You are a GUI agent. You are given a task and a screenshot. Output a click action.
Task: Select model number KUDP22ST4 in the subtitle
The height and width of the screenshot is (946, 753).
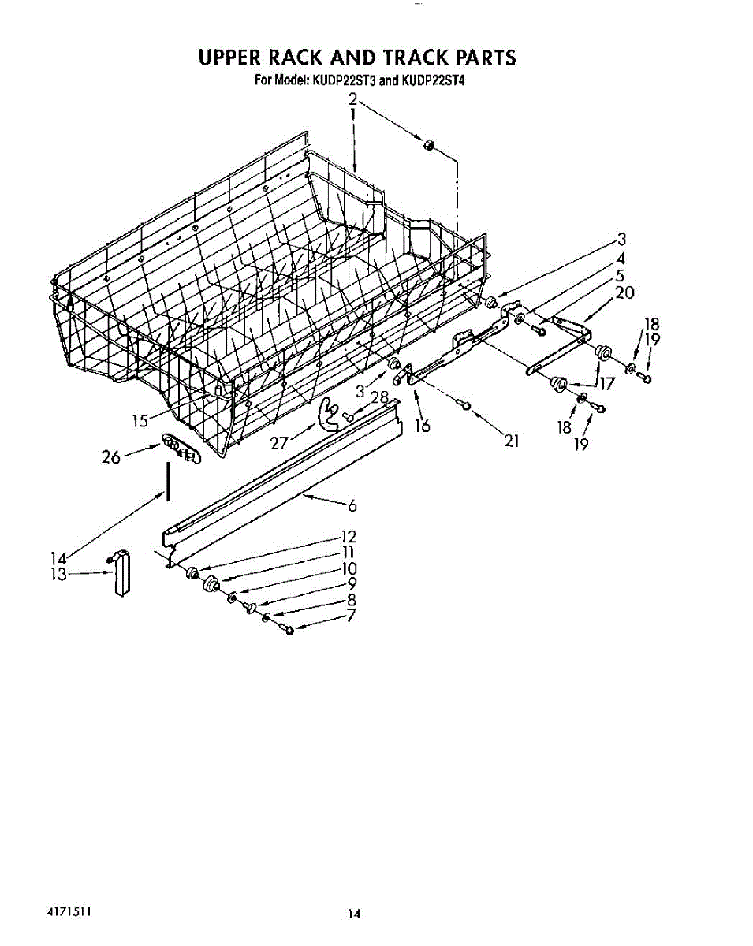coord(437,80)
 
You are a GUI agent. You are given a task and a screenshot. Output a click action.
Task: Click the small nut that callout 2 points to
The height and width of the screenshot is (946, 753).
coord(430,143)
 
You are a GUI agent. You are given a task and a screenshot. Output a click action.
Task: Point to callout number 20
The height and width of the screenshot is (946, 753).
coord(624,293)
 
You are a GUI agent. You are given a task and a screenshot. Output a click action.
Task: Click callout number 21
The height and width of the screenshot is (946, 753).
coord(512,441)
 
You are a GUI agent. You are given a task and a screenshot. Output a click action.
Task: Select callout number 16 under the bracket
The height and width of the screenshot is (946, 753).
coord(423,426)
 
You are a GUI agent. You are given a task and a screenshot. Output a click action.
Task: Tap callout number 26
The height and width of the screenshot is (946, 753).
coord(110,456)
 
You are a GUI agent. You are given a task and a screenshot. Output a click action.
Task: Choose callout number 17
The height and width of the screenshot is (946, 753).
coord(604,385)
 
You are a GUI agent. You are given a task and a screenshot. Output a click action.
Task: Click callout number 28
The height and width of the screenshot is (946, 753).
coord(379,397)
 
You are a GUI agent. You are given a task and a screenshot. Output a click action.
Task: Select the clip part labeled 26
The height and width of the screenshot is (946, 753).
coord(180,449)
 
